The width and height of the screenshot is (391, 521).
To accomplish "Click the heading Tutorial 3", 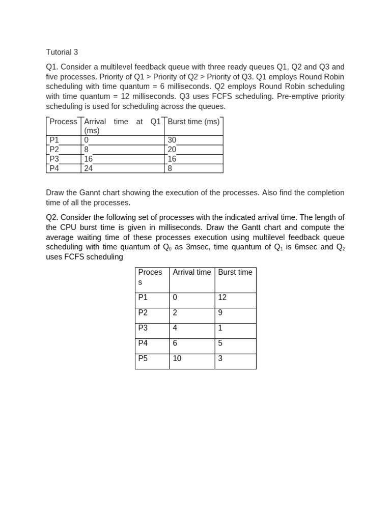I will (x=62, y=52).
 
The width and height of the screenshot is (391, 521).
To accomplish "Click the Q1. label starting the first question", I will (x=52, y=67).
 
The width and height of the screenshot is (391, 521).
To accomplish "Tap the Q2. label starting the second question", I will (x=52, y=218).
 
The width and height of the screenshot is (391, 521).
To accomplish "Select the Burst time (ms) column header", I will (x=193, y=122).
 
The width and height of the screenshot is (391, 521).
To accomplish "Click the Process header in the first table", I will (x=63, y=122).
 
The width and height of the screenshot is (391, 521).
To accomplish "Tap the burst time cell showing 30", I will (x=172, y=140).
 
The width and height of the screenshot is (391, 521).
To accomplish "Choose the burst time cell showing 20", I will (x=172, y=150).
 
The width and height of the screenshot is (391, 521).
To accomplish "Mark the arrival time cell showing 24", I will (x=89, y=168).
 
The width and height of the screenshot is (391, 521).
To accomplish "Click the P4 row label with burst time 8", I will (x=54, y=168).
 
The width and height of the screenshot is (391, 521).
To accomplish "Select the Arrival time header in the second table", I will (x=192, y=272).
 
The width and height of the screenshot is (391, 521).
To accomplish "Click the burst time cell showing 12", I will (x=222, y=298).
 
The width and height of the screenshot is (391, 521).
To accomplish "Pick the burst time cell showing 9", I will (x=220, y=313).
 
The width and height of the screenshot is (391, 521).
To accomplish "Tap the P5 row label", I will (x=143, y=359).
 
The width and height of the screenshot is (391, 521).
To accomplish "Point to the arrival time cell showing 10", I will (x=177, y=359).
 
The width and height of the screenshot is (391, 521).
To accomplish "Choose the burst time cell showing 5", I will (x=220, y=343).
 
